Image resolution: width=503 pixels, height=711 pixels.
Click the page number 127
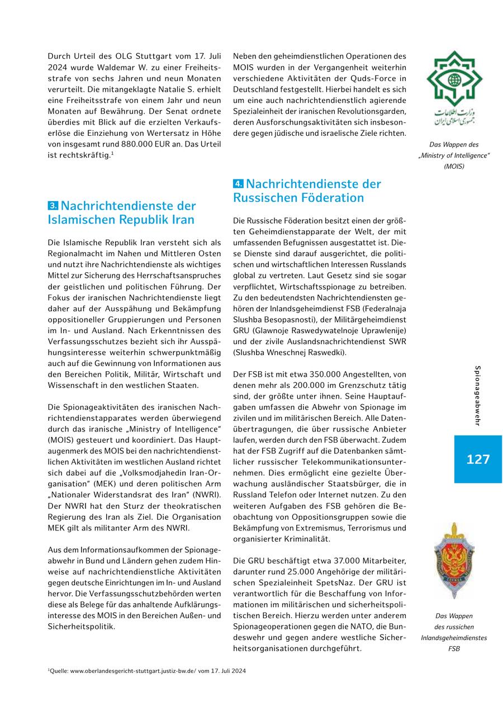pos(478,459)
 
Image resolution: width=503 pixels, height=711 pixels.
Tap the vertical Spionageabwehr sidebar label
pos(477,396)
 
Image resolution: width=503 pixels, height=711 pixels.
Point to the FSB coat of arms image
pos(454,553)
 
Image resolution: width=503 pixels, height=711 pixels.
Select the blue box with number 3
pos(53,206)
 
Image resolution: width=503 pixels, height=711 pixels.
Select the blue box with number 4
pos(238,184)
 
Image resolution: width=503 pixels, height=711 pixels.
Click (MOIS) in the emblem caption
pos(454,166)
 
